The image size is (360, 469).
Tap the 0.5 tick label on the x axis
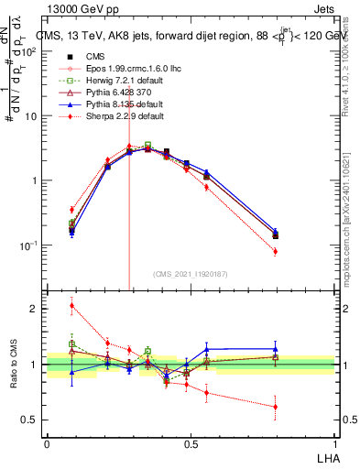[x=191, y=442]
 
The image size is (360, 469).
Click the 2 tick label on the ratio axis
[x=33, y=309]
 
